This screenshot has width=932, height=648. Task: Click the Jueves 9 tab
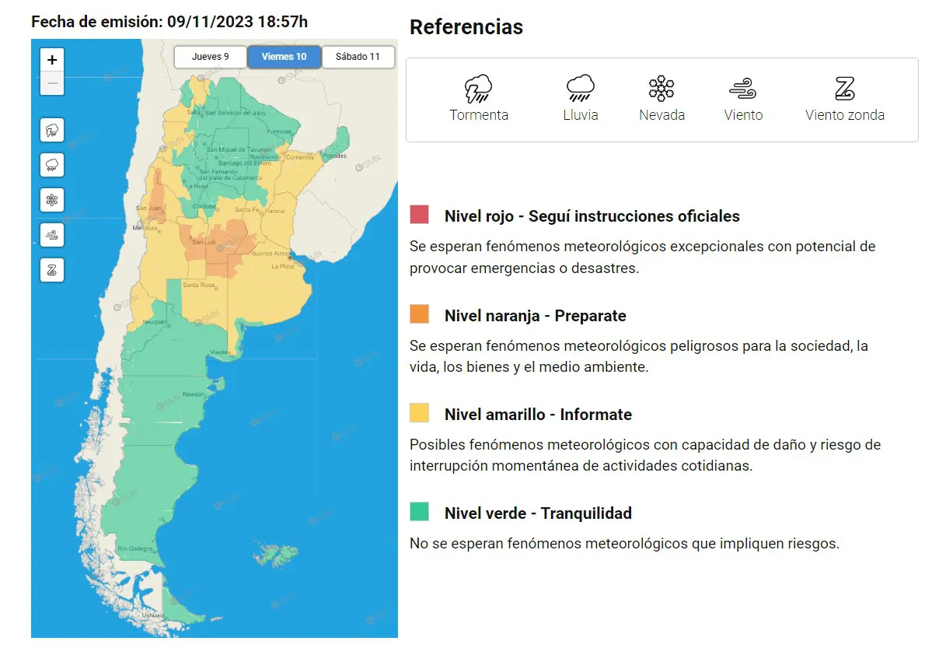210,57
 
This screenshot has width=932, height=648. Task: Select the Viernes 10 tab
284,57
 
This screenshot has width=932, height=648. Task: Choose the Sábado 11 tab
358,57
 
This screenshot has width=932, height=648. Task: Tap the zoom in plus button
52,60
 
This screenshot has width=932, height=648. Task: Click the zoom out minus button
52,82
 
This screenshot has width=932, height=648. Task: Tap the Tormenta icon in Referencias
478,89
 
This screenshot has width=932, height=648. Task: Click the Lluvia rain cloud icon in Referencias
581,89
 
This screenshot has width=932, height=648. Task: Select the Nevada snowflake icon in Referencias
661,89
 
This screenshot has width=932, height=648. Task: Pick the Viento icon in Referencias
743,89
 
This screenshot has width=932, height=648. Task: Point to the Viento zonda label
845,115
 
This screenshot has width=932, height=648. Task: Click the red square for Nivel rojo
420,215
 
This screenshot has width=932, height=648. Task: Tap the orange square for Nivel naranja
420,314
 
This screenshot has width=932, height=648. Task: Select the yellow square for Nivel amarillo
420,413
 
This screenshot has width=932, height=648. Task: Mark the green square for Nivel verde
420,512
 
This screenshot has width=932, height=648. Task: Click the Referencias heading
466,27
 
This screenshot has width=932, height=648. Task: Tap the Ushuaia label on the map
152,615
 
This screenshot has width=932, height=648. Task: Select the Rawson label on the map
193,394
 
